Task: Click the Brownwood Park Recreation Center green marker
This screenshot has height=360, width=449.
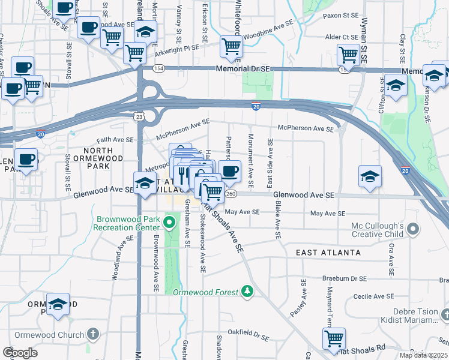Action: [169, 224]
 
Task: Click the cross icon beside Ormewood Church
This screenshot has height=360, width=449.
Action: [93, 334]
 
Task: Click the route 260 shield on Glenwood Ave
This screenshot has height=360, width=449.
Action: [231, 194]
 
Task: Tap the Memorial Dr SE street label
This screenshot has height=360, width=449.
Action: [243, 70]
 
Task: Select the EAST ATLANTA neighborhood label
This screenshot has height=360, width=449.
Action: [328, 253]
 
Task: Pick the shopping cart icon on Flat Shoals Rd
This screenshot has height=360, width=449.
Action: [333, 338]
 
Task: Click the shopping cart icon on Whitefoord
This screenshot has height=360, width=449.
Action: [231, 46]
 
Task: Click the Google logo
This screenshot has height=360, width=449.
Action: [20, 353]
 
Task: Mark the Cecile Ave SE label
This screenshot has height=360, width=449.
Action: [373, 296]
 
